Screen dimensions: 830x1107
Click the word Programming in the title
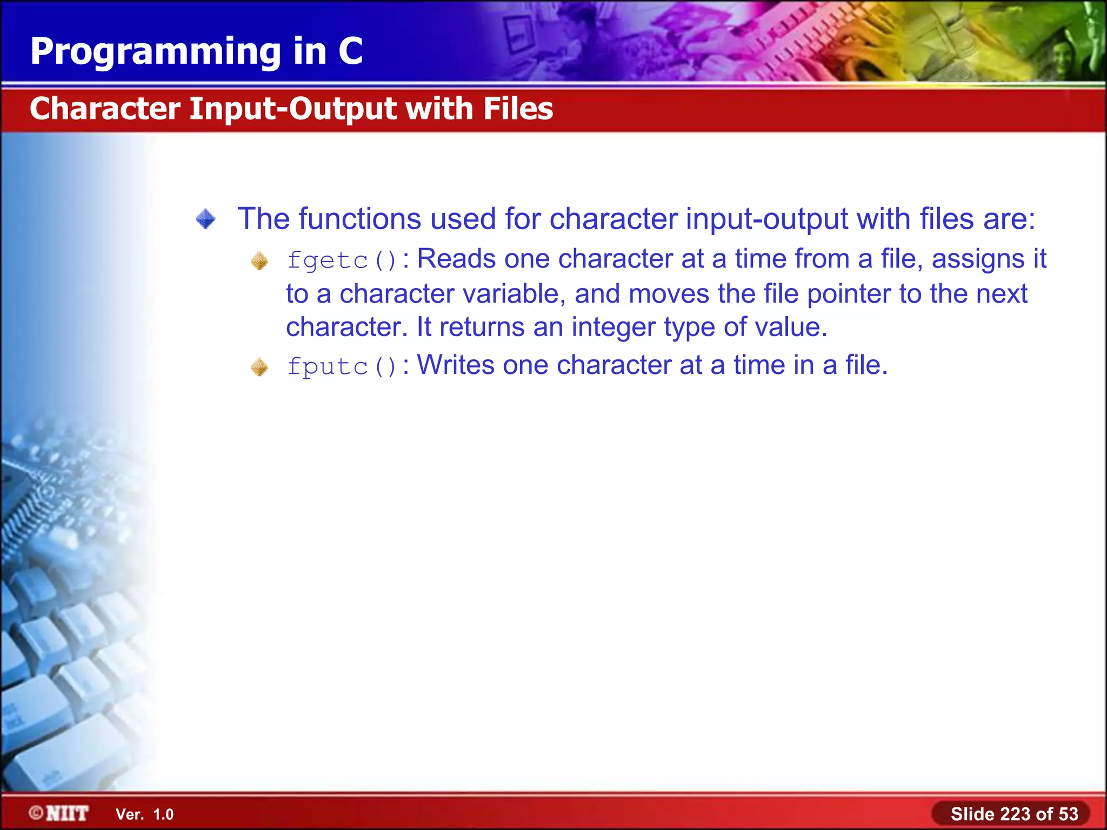pos(156,52)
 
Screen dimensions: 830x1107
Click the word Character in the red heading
pos(105,109)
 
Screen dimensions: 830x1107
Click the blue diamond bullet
pos(205,219)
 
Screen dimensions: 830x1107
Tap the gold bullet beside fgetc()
pos(259,262)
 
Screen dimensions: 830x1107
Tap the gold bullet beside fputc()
pos(259,367)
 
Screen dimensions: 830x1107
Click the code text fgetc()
pos(342,260)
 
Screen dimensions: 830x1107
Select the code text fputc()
pos(342,366)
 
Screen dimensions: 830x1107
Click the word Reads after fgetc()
pos(456,259)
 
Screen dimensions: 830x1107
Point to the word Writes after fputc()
pos(456,365)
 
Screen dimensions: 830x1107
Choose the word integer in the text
pos(613,327)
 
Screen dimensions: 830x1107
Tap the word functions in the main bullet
pos(359,219)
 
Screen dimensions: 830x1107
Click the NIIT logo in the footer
pos(59,813)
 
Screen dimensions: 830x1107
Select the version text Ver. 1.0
pos(144,814)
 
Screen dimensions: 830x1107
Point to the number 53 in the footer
pos(1068,814)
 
